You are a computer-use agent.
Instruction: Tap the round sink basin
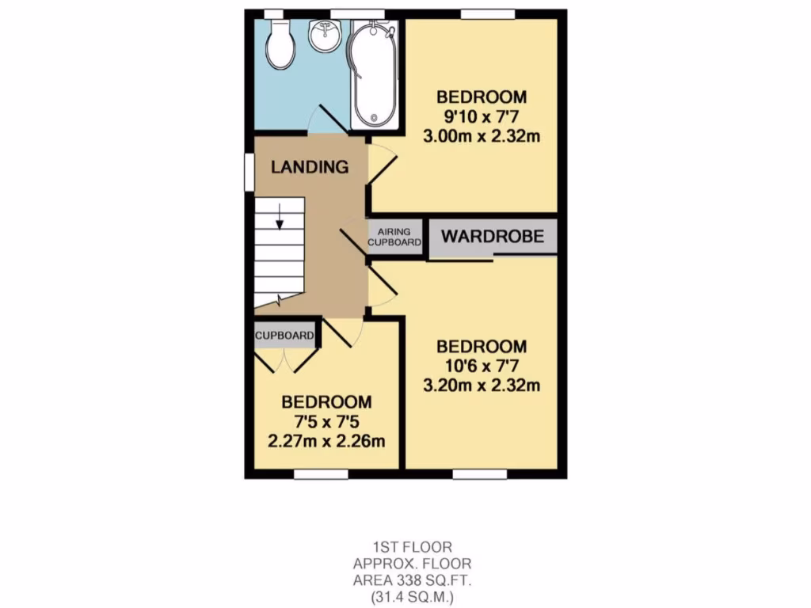pyautogui.click(x=325, y=36)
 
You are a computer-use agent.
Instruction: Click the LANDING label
pyautogui.click(x=310, y=167)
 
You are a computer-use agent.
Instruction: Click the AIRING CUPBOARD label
pyautogui.click(x=394, y=237)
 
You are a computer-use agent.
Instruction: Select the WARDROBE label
pyautogui.click(x=492, y=236)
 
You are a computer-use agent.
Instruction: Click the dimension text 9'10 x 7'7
pyautogui.click(x=482, y=116)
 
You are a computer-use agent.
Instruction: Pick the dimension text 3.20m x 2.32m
pyautogui.click(x=482, y=386)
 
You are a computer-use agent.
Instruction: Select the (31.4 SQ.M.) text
pyautogui.click(x=412, y=597)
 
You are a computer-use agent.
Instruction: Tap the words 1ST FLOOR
pyautogui.click(x=412, y=547)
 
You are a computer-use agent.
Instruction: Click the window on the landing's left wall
pyautogui.click(x=248, y=172)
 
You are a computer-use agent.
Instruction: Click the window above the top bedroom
pyautogui.click(x=488, y=13)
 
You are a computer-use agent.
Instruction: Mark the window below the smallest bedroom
pyautogui.click(x=321, y=474)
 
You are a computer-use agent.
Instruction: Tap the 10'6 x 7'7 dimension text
pyautogui.click(x=482, y=366)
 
